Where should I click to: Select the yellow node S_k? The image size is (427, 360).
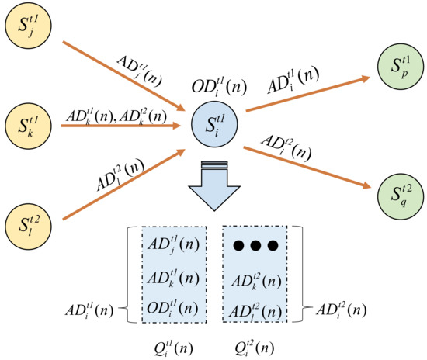pos(26,123)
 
